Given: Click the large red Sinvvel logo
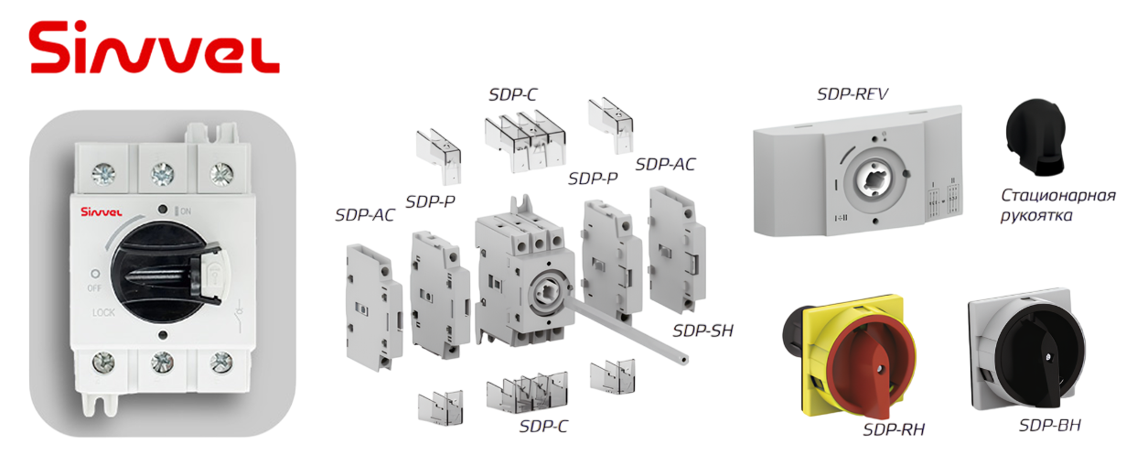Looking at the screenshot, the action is [x=155, y=48].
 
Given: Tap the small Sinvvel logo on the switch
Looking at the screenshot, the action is [x=101, y=211].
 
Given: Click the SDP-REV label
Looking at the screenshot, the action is [x=853, y=94].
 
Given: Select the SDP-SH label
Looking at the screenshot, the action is [x=703, y=331].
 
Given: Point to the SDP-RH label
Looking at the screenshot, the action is [x=894, y=429].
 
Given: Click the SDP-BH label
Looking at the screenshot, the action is [x=1050, y=425].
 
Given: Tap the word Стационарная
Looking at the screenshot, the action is [x=1058, y=195].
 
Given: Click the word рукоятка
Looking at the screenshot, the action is [x=1036, y=215].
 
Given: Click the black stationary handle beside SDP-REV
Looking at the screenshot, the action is [x=1035, y=137].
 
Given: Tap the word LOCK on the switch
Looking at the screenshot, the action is [x=103, y=312].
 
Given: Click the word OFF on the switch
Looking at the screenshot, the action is [x=94, y=288].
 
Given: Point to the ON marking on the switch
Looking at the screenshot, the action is [x=183, y=211].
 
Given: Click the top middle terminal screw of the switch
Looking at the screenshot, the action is [x=163, y=174].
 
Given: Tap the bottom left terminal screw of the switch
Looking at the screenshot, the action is [x=103, y=363].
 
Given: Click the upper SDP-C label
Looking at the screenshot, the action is [x=512, y=94].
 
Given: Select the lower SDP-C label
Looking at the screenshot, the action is [x=543, y=426].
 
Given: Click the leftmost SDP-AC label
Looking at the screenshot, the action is [x=364, y=215].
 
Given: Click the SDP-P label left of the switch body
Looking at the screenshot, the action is [x=430, y=201].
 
